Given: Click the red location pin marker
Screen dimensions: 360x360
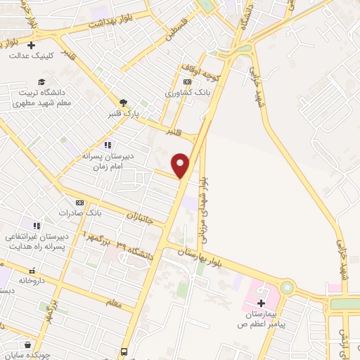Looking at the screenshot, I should (181, 165).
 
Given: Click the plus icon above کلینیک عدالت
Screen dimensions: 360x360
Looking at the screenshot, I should (31, 45).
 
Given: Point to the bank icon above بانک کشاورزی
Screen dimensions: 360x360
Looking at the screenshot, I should (187, 82).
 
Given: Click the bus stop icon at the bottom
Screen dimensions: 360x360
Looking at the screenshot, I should (124, 351).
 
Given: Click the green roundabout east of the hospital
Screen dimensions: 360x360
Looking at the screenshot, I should (287, 288).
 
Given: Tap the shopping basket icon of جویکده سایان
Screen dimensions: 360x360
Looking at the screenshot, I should (27, 345).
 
